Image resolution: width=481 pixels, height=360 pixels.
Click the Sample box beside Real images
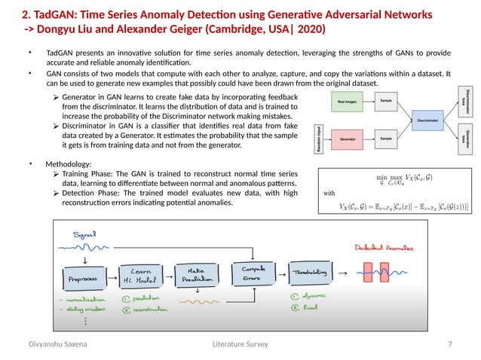[x=385, y=100]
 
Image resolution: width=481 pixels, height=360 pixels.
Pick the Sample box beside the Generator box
[x=385, y=139]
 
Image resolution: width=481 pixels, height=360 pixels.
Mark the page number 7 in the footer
[x=450, y=344]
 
